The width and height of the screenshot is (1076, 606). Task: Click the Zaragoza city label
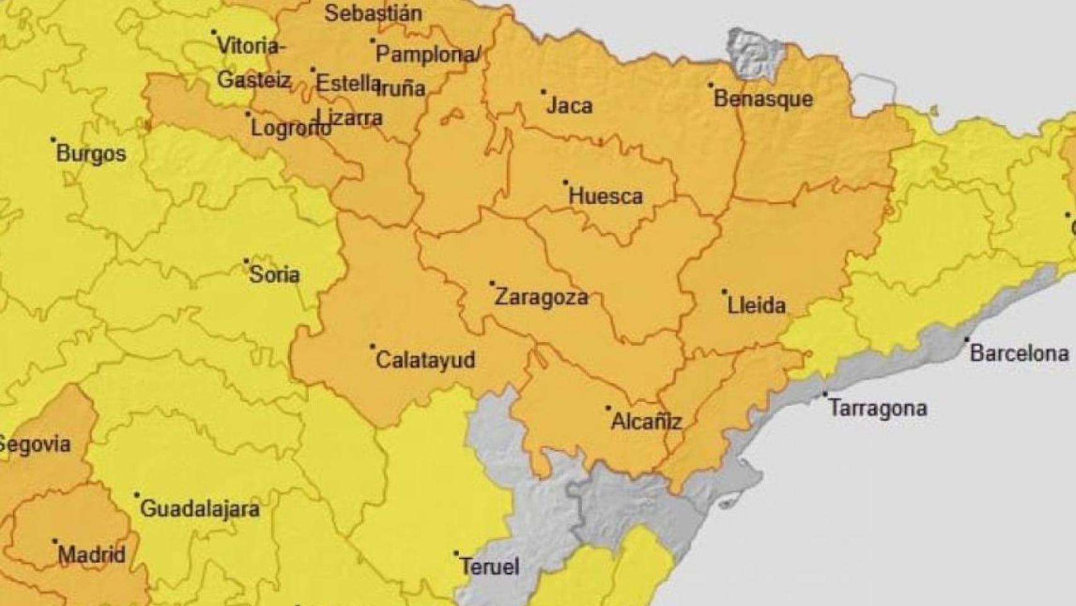click(541, 297)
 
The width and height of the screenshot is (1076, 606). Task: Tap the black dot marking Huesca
click(566, 182)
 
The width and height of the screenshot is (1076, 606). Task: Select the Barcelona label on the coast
click(1019, 353)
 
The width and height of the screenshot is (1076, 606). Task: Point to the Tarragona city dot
click(825, 394)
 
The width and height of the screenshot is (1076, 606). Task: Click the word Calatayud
click(425, 360)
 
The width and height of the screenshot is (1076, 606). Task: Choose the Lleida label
click(756, 306)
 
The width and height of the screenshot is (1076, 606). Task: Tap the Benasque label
click(763, 99)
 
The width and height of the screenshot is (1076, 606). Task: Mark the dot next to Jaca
click(543, 92)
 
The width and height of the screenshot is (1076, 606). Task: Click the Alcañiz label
click(646, 422)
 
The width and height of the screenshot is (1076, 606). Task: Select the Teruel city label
click(489, 566)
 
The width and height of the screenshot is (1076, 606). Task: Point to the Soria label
click(274, 275)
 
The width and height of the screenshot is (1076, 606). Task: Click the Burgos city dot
click(54, 140)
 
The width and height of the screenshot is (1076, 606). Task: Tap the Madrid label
click(91, 555)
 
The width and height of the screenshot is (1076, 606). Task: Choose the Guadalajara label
click(199, 509)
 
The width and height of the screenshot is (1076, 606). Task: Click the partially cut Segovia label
click(35, 444)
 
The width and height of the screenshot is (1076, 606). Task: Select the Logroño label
click(290, 128)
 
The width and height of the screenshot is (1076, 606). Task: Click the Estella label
click(347, 83)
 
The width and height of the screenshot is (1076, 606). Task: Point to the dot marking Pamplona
click(373, 40)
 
